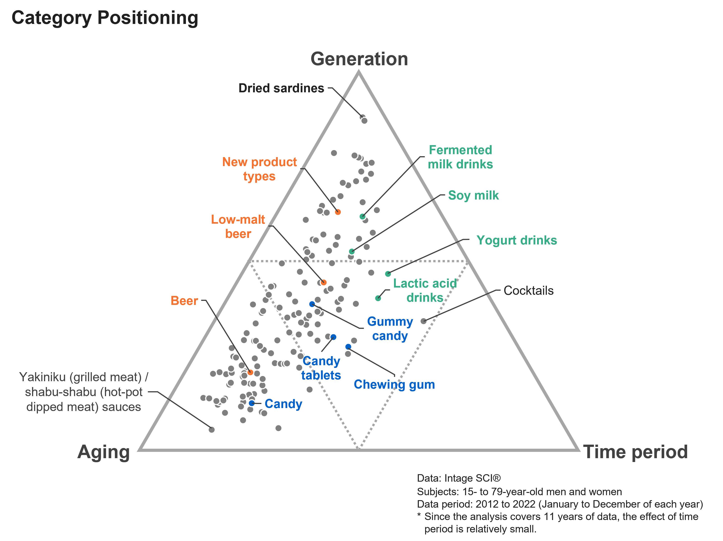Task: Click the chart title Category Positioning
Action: tap(105, 18)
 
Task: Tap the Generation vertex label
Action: tap(359, 59)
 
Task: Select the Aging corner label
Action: tap(104, 453)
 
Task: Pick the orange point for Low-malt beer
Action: tap(324, 282)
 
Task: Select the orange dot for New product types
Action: tap(338, 212)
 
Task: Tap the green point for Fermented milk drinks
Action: tap(362, 216)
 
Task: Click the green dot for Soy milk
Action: tap(352, 251)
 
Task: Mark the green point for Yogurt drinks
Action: tap(388, 274)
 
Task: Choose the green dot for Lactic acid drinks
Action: tap(378, 298)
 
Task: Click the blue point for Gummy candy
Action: tap(312, 304)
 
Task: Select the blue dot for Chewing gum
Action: tap(348, 346)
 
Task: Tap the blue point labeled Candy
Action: tap(252, 403)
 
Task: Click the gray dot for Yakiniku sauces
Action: tap(212, 430)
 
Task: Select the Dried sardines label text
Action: tap(281, 88)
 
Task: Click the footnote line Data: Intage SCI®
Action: tap(459, 478)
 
